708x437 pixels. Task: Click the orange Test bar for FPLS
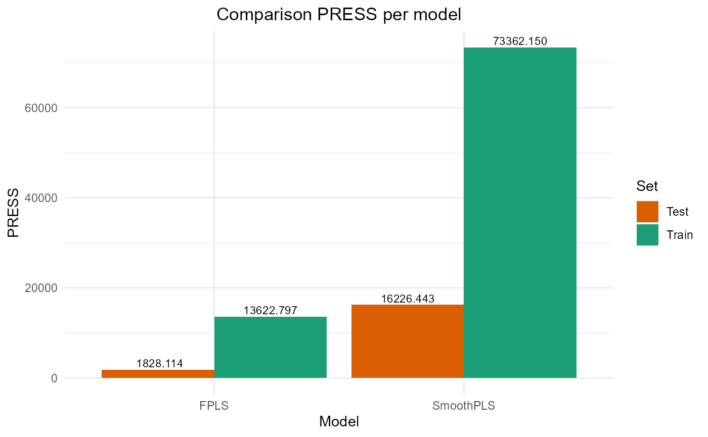(x=158, y=374)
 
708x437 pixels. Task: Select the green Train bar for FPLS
(x=271, y=348)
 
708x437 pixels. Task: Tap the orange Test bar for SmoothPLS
(x=408, y=342)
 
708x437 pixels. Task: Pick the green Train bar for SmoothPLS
(x=520, y=213)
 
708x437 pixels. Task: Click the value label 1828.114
(x=159, y=363)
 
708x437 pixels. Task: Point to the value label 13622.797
(x=271, y=310)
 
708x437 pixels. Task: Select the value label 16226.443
(x=408, y=299)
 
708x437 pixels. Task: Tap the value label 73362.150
(x=520, y=41)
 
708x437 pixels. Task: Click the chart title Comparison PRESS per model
(x=339, y=14)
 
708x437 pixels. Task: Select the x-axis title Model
(x=339, y=421)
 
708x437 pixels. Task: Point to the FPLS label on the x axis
(x=214, y=405)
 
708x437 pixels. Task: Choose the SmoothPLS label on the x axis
(x=464, y=405)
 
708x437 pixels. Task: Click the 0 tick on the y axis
(x=54, y=378)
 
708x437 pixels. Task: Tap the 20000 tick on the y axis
(x=40, y=288)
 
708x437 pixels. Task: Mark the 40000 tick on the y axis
(x=40, y=198)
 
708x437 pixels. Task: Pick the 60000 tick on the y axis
(x=40, y=108)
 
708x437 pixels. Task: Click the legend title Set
(x=647, y=186)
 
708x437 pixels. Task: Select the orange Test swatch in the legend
(x=647, y=212)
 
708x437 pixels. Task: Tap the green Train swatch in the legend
(x=647, y=235)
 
